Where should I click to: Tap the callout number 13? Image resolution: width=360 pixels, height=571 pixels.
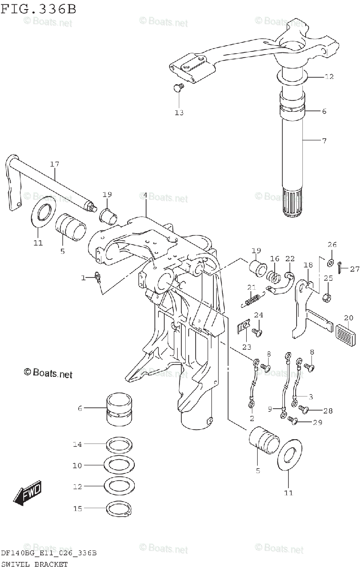179,113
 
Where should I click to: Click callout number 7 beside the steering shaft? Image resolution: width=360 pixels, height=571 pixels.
324,141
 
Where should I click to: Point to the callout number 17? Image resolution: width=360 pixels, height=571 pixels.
55,165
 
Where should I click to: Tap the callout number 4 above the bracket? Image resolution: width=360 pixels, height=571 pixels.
145,196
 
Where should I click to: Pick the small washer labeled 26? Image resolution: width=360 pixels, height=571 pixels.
330,261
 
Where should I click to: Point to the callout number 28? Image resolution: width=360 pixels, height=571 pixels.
328,411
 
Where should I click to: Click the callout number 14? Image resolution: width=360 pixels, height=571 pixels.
77,444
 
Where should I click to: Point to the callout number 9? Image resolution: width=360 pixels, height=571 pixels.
271,408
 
